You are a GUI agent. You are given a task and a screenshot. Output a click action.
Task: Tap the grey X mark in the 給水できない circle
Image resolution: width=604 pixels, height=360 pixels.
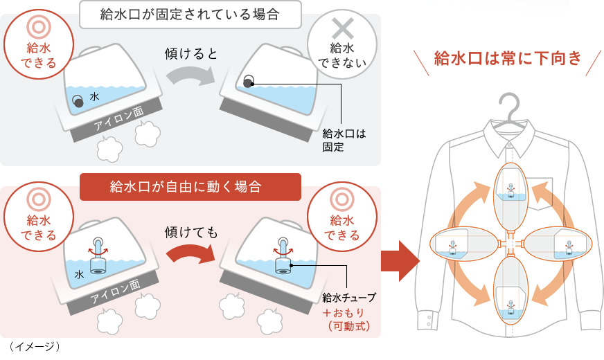pos(340,28)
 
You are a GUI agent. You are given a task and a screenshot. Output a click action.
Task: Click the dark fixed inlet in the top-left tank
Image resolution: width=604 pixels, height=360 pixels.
pos(79,101)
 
